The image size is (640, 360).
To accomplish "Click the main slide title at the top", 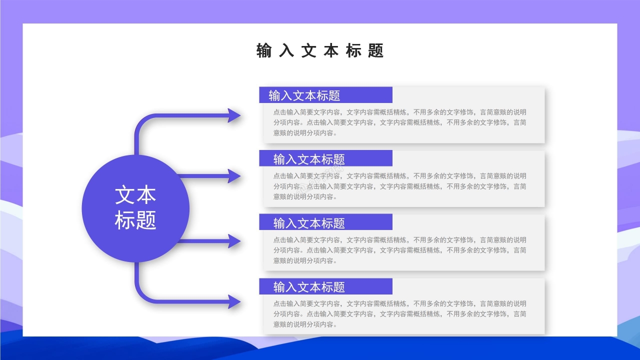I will point(320,50).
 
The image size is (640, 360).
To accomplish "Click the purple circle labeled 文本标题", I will point(135,208).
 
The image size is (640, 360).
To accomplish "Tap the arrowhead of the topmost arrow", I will point(234,116).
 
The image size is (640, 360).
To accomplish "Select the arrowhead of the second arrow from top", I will point(234,176).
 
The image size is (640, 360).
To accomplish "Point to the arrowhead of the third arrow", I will point(234,241).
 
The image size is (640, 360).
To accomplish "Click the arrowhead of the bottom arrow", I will point(234,301).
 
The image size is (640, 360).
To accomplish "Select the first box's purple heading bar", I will point(325,95).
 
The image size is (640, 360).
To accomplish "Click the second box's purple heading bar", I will point(325,158).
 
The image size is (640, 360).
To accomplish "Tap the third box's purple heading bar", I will point(325,222).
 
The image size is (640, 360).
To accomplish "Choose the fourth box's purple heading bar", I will point(325,286).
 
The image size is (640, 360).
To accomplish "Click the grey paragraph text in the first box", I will point(399,122).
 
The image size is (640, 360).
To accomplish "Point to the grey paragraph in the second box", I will point(399,186).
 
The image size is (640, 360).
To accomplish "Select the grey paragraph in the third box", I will point(399,250).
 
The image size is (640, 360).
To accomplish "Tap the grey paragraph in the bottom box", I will point(399,314).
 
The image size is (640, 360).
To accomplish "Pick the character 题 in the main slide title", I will point(375,50).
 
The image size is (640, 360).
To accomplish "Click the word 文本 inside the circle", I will point(135,195).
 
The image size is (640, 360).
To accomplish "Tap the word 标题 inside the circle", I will point(135,220).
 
